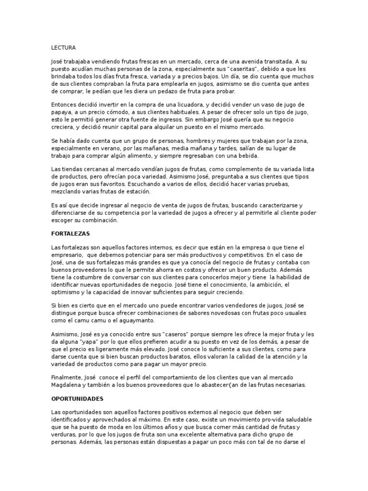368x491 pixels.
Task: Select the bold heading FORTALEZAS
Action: click(x=71, y=234)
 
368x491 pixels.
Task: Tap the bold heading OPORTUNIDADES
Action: click(x=77, y=399)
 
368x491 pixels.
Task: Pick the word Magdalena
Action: click(x=67, y=385)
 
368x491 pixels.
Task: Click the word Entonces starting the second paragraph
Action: click(x=66, y=105)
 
